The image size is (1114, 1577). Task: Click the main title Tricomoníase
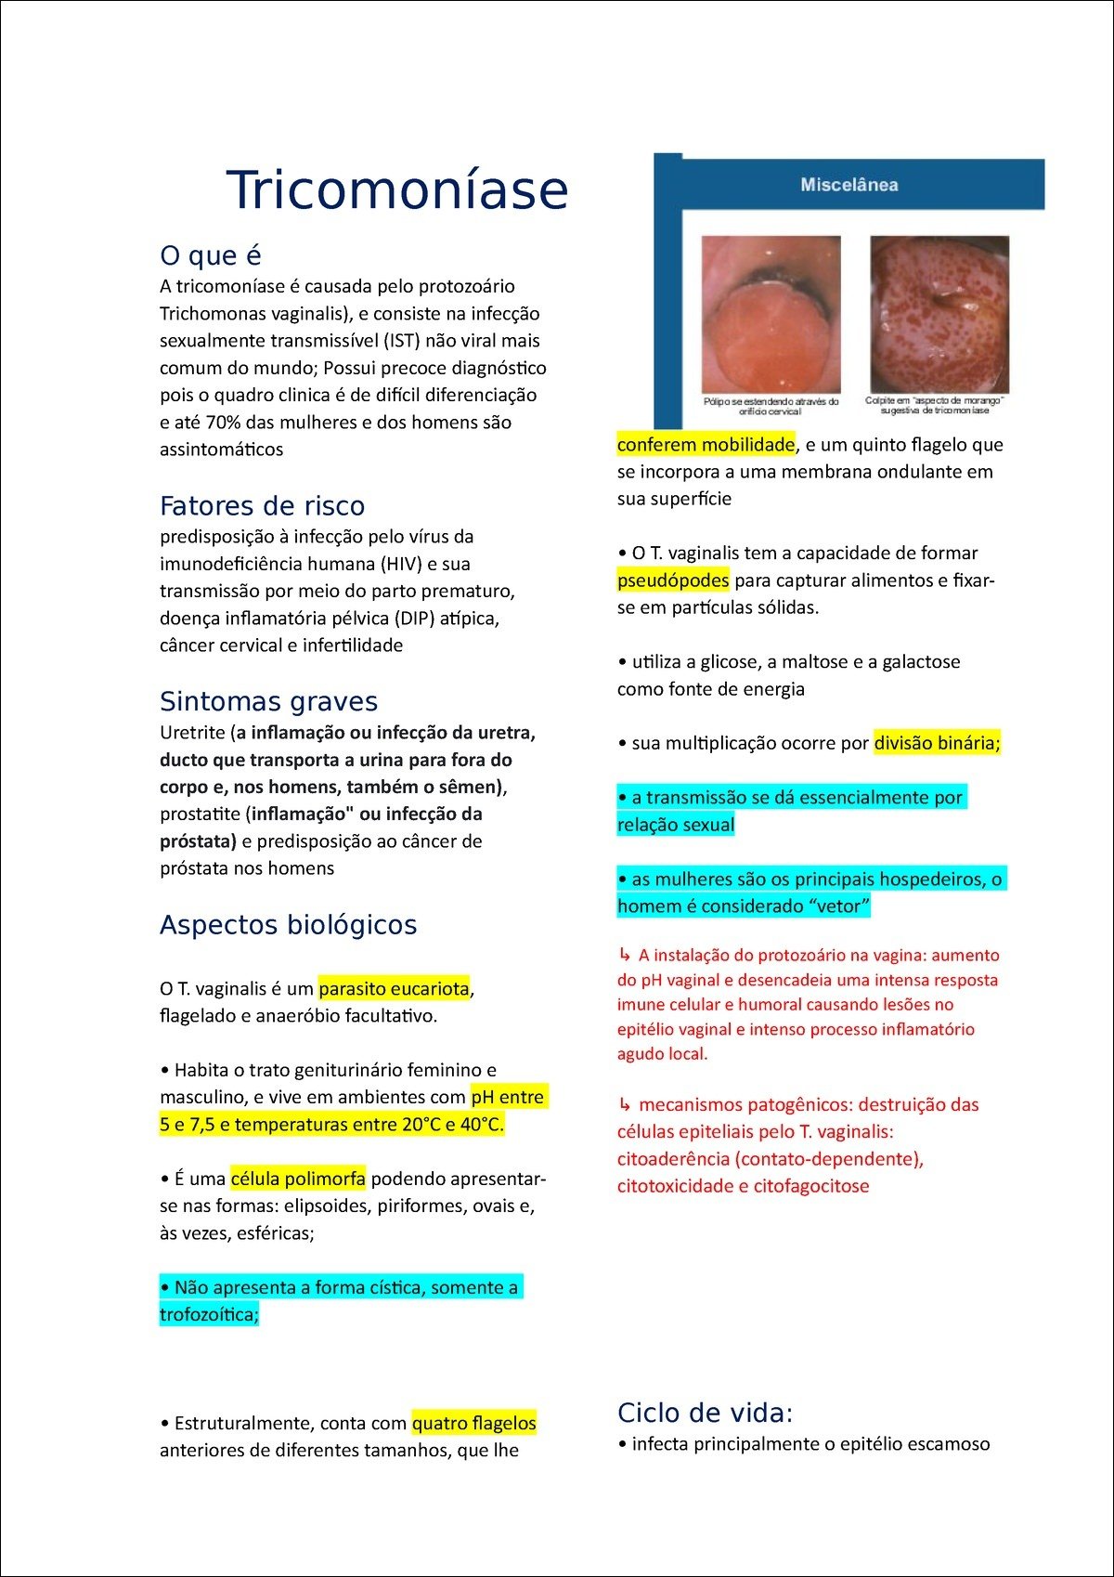click(x=396, y=189)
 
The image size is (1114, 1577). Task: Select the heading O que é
click(x=211, y=255)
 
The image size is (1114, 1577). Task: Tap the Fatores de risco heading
click(x=263, y=506)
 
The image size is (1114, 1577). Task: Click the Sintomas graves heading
click(x=269, y=701)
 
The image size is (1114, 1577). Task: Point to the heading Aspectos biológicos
click(x=289, y=925)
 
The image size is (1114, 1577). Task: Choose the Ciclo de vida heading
click(x=705, y=1413)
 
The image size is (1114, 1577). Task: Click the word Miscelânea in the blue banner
click(x=849, y=185)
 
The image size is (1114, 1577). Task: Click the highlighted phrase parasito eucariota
click(x=394, y=989)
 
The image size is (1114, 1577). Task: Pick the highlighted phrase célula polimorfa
click(x=298, y=1179)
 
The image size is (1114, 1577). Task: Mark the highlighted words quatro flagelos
click(x=473, y=1423)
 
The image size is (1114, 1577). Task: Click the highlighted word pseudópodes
click(x=673, y=580)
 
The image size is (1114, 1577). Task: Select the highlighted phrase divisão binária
click(x=937, y=743)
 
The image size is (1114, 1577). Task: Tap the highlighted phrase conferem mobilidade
click(x=706, y=445)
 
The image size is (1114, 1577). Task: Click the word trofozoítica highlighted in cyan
click(x=209, y=1315)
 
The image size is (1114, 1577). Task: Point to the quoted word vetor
click(x=839, y=906)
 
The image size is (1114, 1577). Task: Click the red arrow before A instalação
click(x=625, y=955)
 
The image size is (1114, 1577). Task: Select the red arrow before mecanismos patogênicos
click(x=625, y=1105)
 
